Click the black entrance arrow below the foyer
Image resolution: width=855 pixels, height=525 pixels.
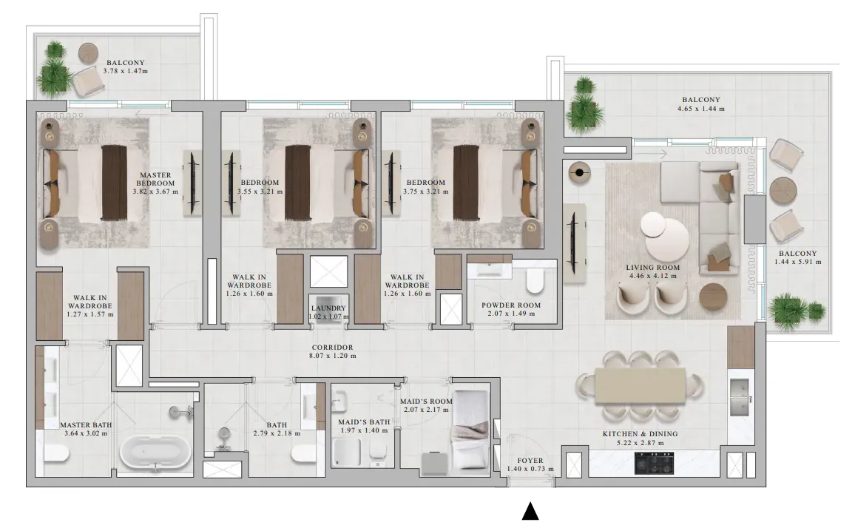530,512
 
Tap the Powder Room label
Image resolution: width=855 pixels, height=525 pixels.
511,305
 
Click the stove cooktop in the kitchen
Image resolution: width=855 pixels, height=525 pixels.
655,463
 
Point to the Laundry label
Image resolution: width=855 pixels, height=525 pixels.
329,308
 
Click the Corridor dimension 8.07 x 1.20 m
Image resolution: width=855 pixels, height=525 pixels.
332,356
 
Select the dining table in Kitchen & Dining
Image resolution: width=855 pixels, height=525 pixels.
641,385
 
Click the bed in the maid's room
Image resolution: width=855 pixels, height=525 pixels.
470,430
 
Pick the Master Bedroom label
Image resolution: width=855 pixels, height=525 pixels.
155,180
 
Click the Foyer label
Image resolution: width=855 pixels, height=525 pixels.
530,461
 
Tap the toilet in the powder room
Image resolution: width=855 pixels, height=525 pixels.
535,280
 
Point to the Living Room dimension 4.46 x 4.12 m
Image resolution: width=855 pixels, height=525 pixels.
652,276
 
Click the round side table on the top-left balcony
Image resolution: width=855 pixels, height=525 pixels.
88,53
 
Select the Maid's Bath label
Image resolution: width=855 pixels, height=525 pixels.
364,422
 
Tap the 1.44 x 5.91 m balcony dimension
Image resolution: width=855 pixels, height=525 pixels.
798,262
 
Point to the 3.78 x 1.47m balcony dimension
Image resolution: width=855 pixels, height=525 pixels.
126,71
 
